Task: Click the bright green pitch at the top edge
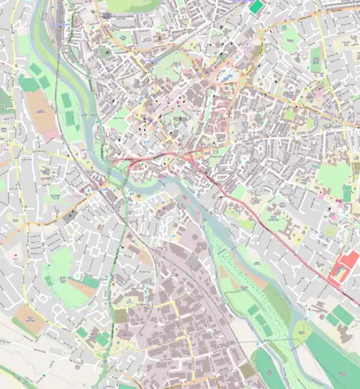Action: (257, 6)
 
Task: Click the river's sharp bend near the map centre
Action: (114, 176)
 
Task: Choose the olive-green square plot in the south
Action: (120, 316)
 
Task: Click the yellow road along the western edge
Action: (21, 238)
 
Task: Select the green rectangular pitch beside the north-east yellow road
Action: (315, 58)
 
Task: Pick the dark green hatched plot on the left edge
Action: (4, 101)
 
